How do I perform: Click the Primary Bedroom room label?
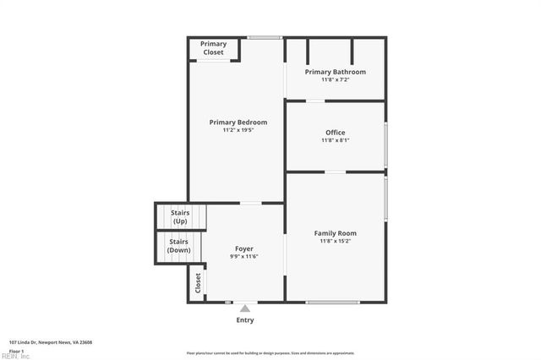[238, 123]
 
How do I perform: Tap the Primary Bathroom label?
[335, 72]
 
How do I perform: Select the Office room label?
[335, 133]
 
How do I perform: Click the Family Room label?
[335, 233]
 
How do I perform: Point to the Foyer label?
[243, 248]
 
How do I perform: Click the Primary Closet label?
[213, 48]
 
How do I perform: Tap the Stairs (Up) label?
[179, 217]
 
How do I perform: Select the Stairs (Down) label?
[178, 246]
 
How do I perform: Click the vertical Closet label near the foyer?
[199, 281]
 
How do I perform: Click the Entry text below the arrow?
[244, 320]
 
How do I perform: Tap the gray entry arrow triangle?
[244, 308]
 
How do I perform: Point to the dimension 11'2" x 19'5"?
[238, 130]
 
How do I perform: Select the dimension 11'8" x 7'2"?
[335, 79]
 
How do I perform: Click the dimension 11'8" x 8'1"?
[335, 140]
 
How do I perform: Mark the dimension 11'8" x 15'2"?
[335, 241]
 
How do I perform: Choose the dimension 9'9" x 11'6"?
[243, 256]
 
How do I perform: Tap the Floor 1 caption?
[16, 351]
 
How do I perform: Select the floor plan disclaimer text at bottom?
[270, 353]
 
